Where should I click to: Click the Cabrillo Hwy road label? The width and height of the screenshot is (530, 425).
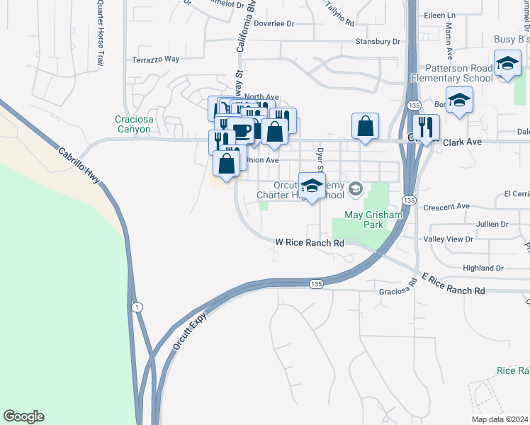(79, 166)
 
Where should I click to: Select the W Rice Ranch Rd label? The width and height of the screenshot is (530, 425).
(310, 243)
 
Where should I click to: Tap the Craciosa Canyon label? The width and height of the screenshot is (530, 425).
(133, 125)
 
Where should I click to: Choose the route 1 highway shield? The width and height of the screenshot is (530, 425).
(137, 306)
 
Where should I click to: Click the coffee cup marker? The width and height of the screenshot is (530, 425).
(242, 131)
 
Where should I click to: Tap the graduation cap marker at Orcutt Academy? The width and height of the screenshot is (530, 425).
(310, 186)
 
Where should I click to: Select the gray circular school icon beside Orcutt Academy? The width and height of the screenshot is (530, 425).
(355, 188)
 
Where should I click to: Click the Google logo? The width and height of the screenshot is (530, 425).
(23, 416)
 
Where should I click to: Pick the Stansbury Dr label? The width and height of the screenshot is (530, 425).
(378, 42)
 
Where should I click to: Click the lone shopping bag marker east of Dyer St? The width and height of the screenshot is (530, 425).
(364, 127)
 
